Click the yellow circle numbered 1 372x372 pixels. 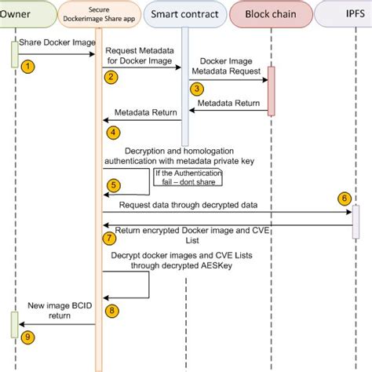pos(27,67)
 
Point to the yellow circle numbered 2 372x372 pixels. pos(111,76)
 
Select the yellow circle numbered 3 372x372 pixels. pos(197,89)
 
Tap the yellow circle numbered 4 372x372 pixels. pos(113,132)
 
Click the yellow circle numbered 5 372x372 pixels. pos(114,185)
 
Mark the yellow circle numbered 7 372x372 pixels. pos(109,236)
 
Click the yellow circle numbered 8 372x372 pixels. pos(112,311)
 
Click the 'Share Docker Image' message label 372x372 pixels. pos(57,42)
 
